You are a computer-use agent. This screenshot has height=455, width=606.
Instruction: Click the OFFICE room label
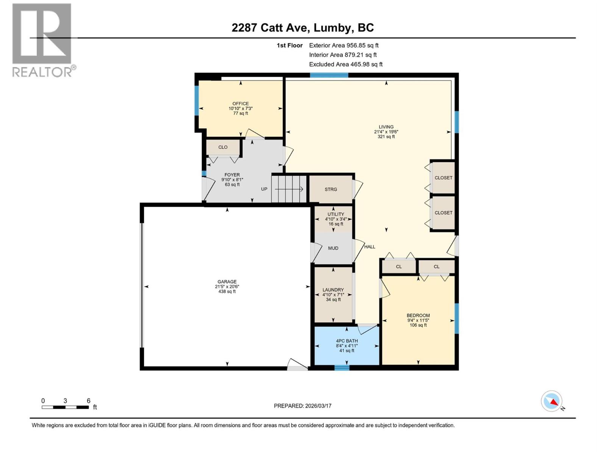coord(241,104)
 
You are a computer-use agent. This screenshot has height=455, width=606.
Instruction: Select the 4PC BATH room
coord(347,346)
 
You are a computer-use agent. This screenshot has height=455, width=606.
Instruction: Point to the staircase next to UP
coord(289,189)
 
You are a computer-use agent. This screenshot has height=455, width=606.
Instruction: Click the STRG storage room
coord(331,189)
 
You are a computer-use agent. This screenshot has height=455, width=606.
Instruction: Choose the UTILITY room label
coord(336,215)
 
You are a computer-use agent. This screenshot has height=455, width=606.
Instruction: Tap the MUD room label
coord(333,248)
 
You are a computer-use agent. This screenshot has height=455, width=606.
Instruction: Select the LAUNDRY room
coord(333,295)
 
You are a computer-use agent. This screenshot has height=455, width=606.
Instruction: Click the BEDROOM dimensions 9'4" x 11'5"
coord(418,320)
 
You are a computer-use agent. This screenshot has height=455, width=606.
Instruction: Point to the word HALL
coord(370,247)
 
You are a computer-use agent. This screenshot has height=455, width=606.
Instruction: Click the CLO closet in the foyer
coord(223,147)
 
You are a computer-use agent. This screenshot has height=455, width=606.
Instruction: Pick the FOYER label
coord(232,175)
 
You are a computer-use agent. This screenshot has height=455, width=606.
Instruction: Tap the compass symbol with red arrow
coord(551,401)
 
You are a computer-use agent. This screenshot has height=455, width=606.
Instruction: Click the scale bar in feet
coord(65,407)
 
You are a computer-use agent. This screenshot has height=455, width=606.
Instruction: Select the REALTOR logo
coord(42,40)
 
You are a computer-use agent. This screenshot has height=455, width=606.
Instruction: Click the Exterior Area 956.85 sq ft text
coord(344,45)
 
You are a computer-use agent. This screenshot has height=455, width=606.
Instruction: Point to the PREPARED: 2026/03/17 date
coord(303,406)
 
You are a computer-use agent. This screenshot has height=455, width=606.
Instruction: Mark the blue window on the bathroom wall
coord(342,367)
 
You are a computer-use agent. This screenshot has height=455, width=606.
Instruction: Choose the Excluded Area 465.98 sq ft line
coord(345,64)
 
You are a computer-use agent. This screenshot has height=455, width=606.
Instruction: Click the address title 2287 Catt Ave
coord(303,28)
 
